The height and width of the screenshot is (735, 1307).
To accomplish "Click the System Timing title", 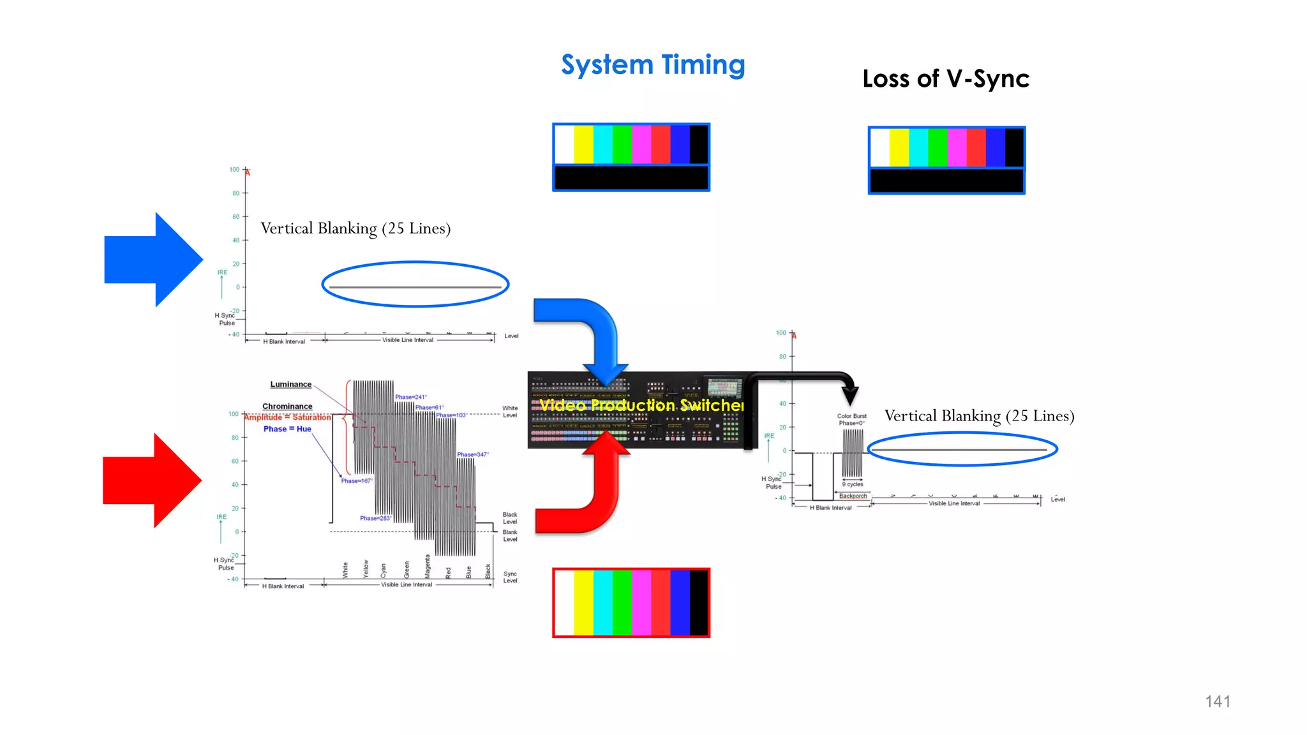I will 653,65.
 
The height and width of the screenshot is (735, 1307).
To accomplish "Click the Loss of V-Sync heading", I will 945,79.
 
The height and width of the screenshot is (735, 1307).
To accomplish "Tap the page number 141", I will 1217,701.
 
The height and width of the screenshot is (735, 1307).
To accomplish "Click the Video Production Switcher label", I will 641,405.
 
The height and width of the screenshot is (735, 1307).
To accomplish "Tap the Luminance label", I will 290,384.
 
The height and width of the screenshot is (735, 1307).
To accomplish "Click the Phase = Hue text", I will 287,429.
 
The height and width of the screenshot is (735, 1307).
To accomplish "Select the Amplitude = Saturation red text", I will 287,417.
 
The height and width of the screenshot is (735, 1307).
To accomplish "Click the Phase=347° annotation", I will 473,454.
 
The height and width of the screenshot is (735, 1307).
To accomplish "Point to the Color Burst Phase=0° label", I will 851,419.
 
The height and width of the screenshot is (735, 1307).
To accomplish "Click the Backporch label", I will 853,496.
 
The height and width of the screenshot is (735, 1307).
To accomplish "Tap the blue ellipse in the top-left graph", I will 415,262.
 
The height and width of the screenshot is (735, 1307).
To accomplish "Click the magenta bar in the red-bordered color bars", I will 641,602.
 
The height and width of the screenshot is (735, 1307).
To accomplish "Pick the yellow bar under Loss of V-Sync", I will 899,148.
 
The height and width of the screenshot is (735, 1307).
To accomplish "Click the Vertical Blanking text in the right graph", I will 979,416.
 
